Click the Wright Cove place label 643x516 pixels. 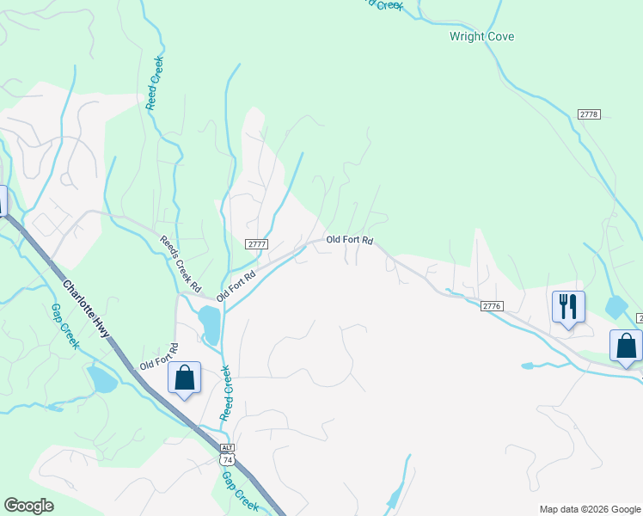click(x=481, y=37)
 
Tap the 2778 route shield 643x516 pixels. click(x=589, y=114)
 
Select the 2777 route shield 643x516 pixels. click(x=257, y=244)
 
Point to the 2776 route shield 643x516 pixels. click(x=491, y=305)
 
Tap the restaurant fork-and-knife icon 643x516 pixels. click(x=568, y=306)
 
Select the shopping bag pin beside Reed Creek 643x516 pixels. click(x=184, y=378)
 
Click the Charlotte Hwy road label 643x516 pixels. click(x=90, y=307)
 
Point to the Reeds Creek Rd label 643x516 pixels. click(x=181, y=262)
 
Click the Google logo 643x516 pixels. click(x=28, y=505)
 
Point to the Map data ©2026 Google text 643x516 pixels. click(x=589, y=509)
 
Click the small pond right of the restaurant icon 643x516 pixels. click(x=616, y=306)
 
